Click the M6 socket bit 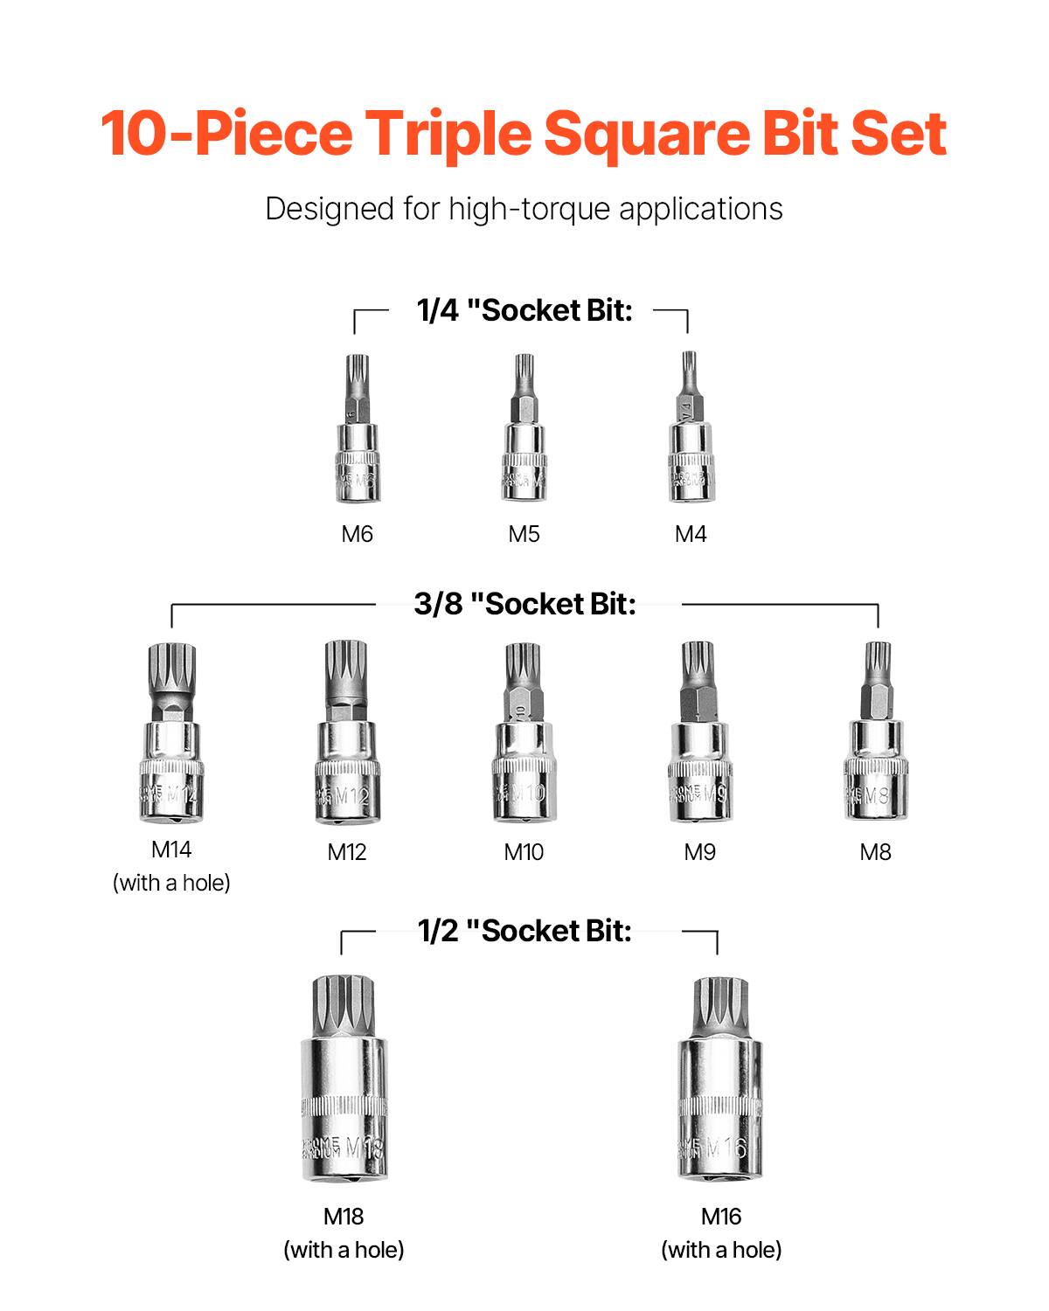click(x=358, y=437)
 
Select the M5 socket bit click(x=524, y=437)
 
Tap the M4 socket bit click(x=691, y=437)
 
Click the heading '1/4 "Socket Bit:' click(x=524, y=310)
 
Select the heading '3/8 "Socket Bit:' click(x=524, y=604)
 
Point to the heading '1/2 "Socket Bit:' click(x=524, y=931)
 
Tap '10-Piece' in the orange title click(x=226, y=134)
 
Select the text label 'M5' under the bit click(x=524, y=534)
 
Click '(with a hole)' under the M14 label click(x=171, y=883)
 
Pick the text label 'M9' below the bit click(x=699, y=852)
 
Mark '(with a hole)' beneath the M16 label click(x=721, y=1250)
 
